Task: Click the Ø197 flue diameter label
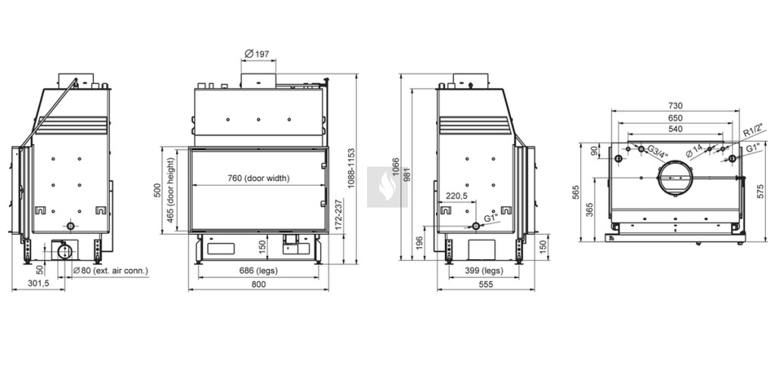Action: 257,54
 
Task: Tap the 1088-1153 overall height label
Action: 351,168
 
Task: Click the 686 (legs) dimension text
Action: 259,270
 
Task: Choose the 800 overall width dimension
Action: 259,284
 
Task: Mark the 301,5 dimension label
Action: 37,284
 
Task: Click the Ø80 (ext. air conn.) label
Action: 110,270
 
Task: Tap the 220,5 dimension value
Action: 456,196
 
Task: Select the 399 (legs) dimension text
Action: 484,270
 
